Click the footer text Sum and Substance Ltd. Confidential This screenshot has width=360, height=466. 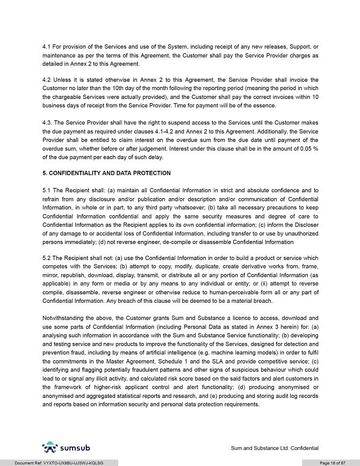pos(275,448)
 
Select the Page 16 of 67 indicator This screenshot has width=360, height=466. pos(332,462)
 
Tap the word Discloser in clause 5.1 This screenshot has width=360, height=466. pos(304,224)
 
